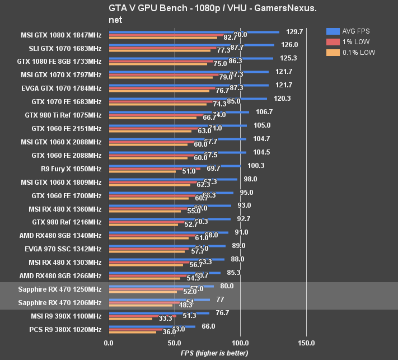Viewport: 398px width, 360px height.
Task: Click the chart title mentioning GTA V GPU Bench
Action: [198, 14]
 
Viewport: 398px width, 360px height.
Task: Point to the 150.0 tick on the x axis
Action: [306, 342]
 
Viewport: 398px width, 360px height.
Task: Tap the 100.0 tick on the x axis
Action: [240, 342]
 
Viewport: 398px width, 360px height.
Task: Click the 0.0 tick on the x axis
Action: [109, 342]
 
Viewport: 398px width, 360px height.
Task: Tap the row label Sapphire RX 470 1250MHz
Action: [60, 289]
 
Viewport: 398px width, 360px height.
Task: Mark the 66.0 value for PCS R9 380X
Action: [208, 326]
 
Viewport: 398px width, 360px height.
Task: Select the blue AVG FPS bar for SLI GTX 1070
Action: [191, 45]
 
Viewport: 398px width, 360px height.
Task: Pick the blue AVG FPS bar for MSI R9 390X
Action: [159, 314]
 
